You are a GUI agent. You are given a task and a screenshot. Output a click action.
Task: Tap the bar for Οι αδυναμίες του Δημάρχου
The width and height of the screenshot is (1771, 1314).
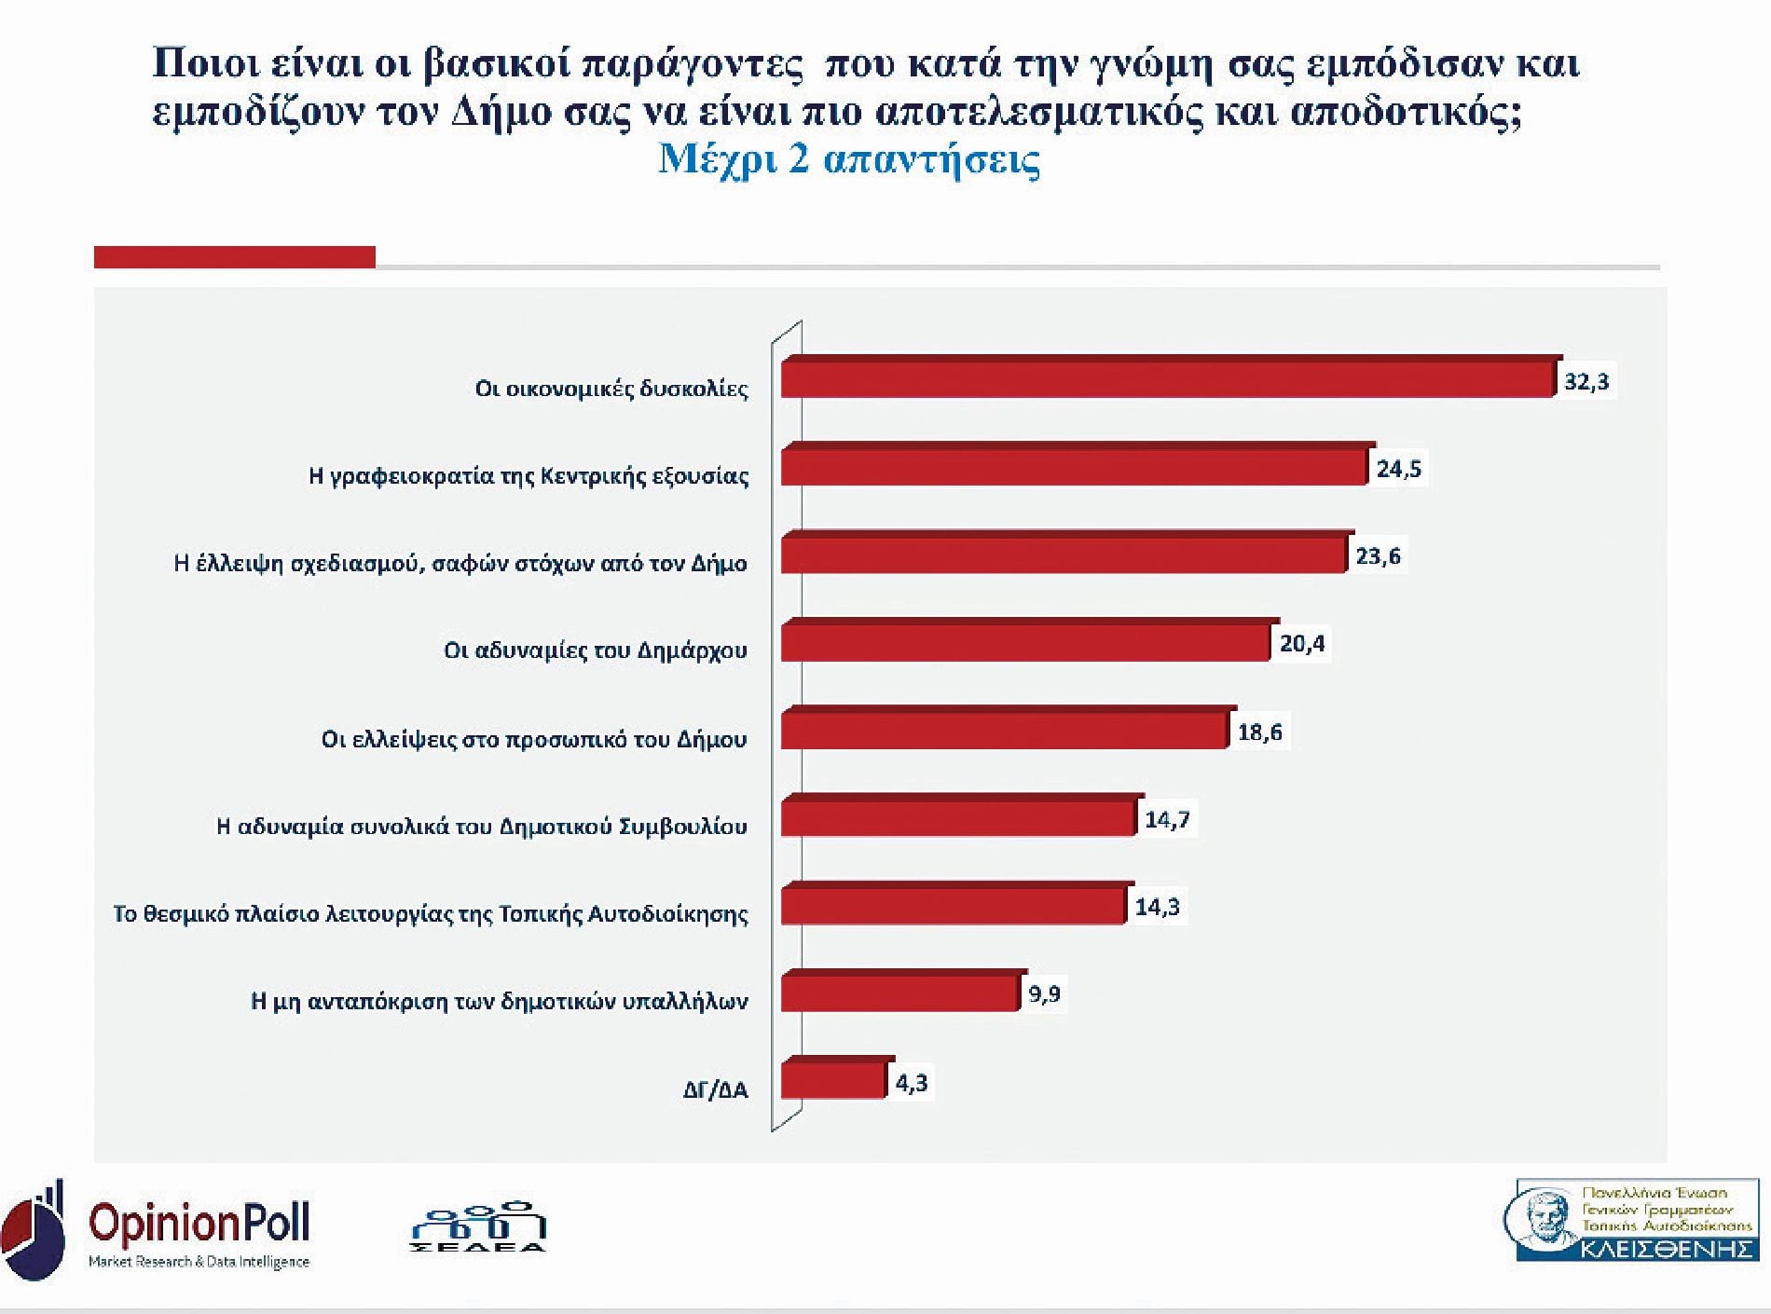pyautogui.click(x=1025, y=642)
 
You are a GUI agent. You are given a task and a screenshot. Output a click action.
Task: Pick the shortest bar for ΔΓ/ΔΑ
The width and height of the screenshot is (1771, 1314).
pyautogui.click(x=832, y=1081)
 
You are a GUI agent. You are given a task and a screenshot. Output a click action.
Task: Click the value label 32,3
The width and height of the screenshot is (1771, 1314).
pyautogui.click(x=1586, y=382)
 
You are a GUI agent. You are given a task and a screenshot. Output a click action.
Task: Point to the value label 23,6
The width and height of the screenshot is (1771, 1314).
pyautogui.click(x=1378, y=556)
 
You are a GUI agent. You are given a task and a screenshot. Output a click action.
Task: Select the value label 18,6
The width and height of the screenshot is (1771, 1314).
pyautogui.click(x=1259, y=732)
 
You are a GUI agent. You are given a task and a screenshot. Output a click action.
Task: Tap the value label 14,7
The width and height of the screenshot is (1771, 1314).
pyautogui.click(x=1167, y=820)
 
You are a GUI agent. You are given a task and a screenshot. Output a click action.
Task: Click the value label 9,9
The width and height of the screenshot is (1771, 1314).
pyautogui.click(x=1044, y=994)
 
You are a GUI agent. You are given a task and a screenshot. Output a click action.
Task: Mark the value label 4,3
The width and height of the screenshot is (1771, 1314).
pyautogui.click(x=911, y=1083)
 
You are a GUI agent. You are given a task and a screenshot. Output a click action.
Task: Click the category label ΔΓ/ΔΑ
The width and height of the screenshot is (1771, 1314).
pyautogui.click(x=715, y=1089)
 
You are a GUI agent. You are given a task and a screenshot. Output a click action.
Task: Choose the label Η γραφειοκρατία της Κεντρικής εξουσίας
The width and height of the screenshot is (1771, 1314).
pyautogui.click(x=529, y=476)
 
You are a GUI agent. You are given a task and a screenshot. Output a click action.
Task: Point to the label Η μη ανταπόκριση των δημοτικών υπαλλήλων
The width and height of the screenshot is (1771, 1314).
pyautogui.click(x=499, y=1002)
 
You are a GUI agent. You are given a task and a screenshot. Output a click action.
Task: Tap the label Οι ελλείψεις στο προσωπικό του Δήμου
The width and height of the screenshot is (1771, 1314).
pyautogui.click(x=534, y=739)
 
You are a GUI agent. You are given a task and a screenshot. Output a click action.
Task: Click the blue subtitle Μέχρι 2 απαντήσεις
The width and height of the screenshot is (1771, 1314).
pyautogui.click(x=849, y=159)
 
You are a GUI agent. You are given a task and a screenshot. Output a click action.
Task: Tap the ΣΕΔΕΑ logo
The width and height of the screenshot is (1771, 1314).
pyautogui.click(x=477, y=1228)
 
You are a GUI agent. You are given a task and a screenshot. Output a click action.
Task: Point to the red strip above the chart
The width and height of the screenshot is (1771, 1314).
pyautogui.click(x=235, y=257)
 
